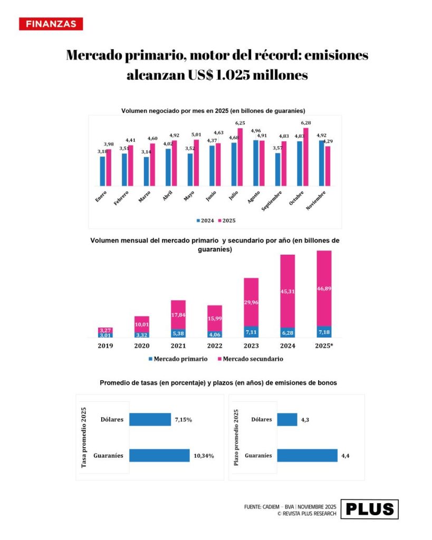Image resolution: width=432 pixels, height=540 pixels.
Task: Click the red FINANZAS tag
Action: coord(51,24)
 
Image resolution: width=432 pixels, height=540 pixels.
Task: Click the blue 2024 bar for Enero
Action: coord(103,171)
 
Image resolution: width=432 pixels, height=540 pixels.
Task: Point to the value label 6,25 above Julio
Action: coord(240,123)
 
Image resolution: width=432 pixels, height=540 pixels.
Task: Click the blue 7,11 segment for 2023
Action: coord(251,332)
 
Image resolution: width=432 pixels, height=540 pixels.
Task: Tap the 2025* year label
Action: coord(324,346)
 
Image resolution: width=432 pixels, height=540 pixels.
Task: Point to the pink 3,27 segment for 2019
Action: coord(105,330)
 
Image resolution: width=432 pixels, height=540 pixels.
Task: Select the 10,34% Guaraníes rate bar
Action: coord(159,455)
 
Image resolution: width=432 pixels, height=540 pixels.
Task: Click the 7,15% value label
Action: coord(183,420)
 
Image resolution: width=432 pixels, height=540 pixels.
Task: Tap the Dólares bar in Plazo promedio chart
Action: coord(287,420)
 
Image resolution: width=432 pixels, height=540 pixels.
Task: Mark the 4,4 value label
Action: coord(346,455)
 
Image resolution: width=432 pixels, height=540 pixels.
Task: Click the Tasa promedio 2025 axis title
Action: coord(84,438)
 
